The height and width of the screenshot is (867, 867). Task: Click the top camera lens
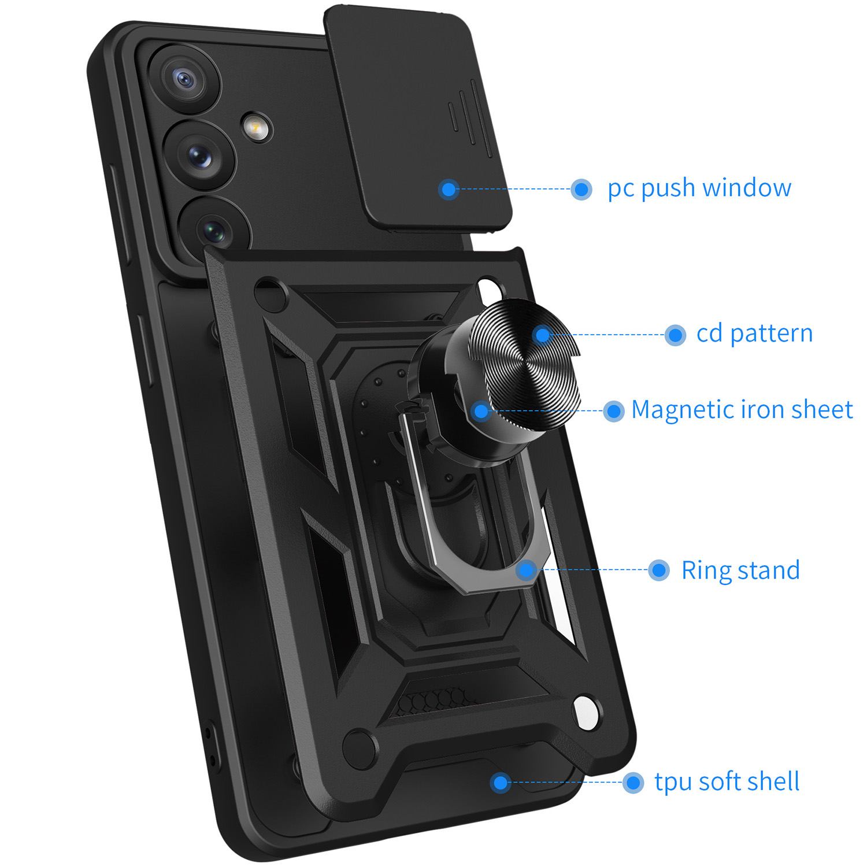[184, 79]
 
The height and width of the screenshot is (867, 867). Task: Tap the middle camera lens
[200, 155]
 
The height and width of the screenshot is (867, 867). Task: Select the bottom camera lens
[215, 231]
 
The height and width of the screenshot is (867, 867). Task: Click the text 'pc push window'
[699, 188]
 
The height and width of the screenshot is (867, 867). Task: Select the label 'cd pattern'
[754, 334]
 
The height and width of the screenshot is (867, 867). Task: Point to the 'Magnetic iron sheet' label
[742, 410]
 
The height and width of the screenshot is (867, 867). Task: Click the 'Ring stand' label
[740, 570]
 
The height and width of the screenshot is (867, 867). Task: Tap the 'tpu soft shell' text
[727, 782]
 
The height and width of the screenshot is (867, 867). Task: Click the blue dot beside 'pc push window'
[581, 189]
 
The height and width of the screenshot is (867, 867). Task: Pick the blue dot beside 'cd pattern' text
[675, 335]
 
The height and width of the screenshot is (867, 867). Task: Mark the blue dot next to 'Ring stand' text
[659, 570]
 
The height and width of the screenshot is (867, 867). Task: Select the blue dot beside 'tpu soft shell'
[633, 783]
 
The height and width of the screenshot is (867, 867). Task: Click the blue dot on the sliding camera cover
[449, 189]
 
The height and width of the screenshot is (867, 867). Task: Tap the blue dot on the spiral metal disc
[543, 335]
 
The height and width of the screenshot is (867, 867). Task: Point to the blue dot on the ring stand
[527, 570]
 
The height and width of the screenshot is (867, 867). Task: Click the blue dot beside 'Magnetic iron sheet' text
[614, 411]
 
